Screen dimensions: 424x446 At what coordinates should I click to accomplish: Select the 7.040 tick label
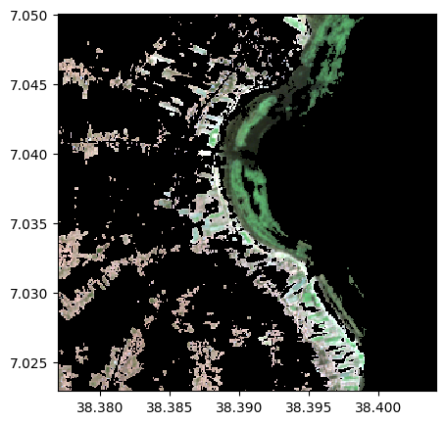[x=29, y=155]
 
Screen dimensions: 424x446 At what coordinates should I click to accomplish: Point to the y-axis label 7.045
[x=29, y=84]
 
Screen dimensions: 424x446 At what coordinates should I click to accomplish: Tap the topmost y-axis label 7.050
[x=29, y=16]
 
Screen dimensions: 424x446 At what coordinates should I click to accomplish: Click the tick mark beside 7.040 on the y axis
[x=55, y=155]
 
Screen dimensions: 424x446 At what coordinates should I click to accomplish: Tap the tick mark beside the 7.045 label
[x=55, y=84]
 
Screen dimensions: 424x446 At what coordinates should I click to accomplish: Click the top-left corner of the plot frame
[x=58, y=15]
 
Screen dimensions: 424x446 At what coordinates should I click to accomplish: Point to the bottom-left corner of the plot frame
[x=58, y=391]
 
